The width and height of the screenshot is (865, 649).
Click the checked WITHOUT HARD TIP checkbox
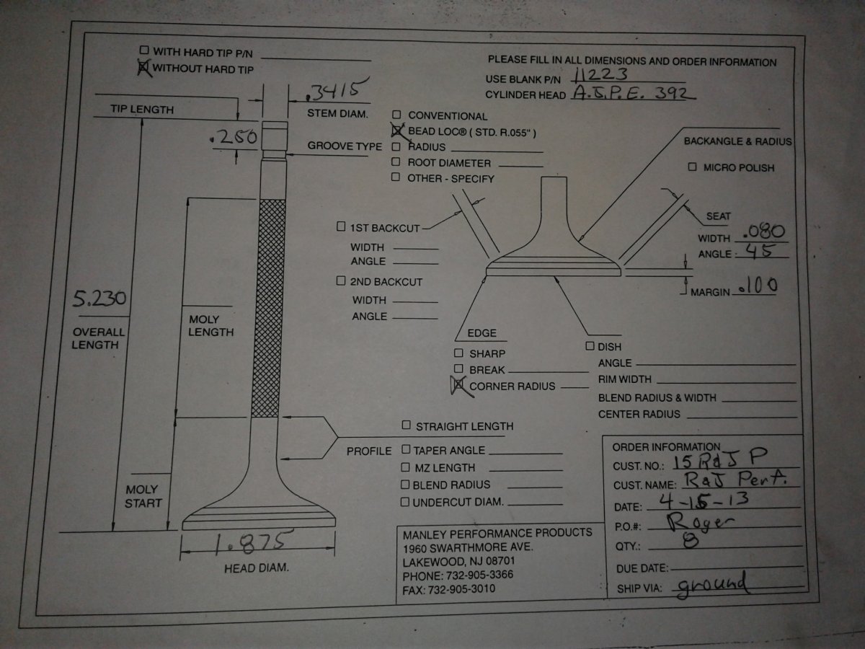pos(143,67)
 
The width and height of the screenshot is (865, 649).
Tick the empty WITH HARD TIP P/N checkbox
pos(144,50)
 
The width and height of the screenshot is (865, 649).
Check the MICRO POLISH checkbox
pos(692,167)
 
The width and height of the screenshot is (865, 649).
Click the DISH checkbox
pos(590,346)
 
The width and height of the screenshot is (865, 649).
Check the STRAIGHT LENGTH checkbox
pos(407,425)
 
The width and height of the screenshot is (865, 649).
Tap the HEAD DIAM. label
pos(257,568)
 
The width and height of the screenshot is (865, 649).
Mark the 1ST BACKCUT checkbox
pos(341,227)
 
